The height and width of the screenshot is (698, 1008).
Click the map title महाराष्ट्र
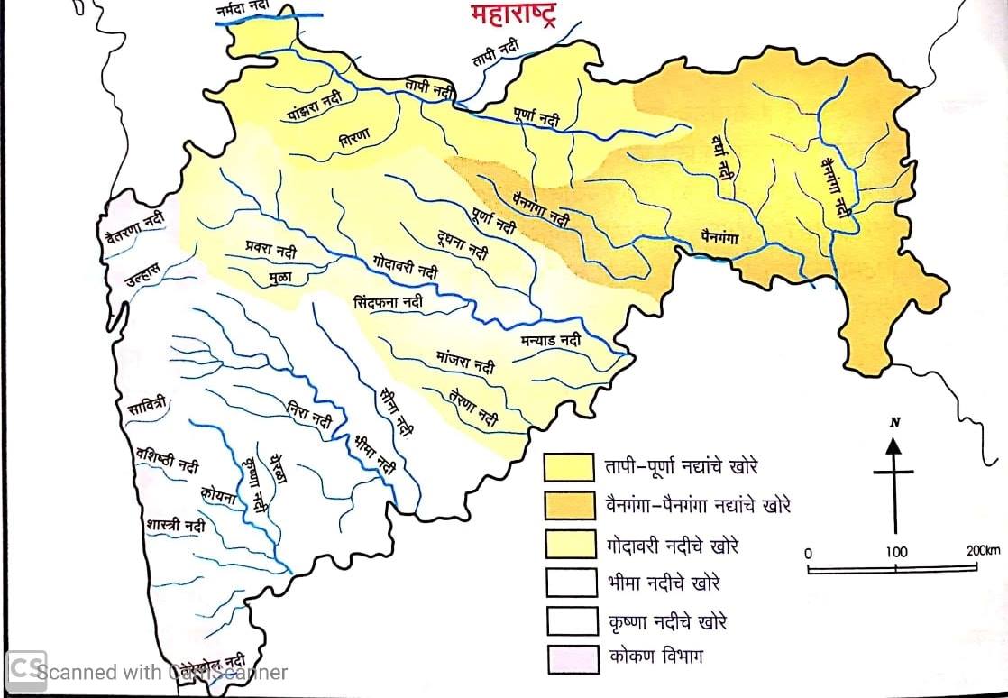[511, 14]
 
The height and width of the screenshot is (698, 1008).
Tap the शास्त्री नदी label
[173, 525]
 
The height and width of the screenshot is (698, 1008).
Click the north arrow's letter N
[894, 422]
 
